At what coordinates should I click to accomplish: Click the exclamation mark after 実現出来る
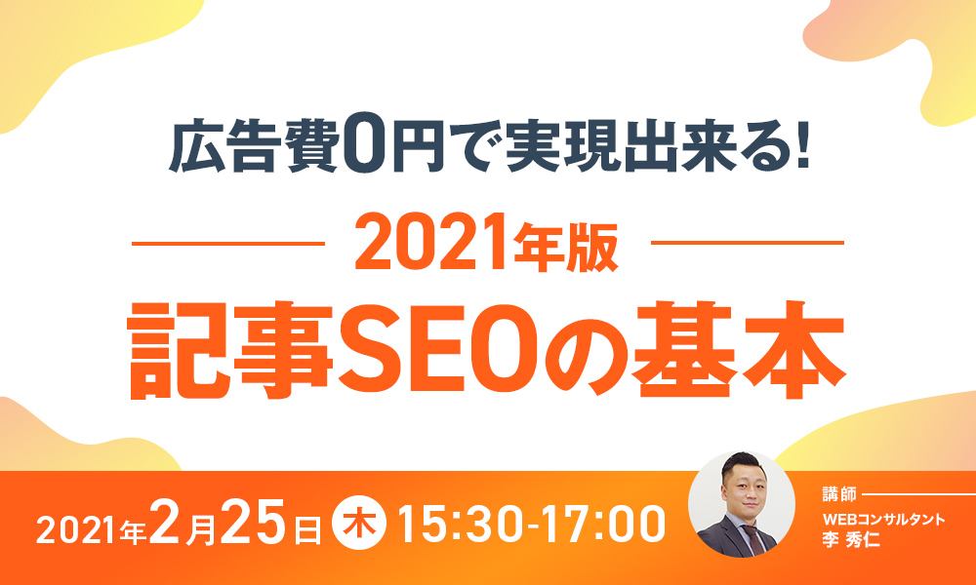(801, 149)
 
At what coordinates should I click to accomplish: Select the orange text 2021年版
(486, 245)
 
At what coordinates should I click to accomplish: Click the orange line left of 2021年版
(228, 244)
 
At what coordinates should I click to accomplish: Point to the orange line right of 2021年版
(748, 243)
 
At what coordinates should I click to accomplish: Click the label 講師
(839, 495)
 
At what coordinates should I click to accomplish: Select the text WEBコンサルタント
(884, 520)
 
